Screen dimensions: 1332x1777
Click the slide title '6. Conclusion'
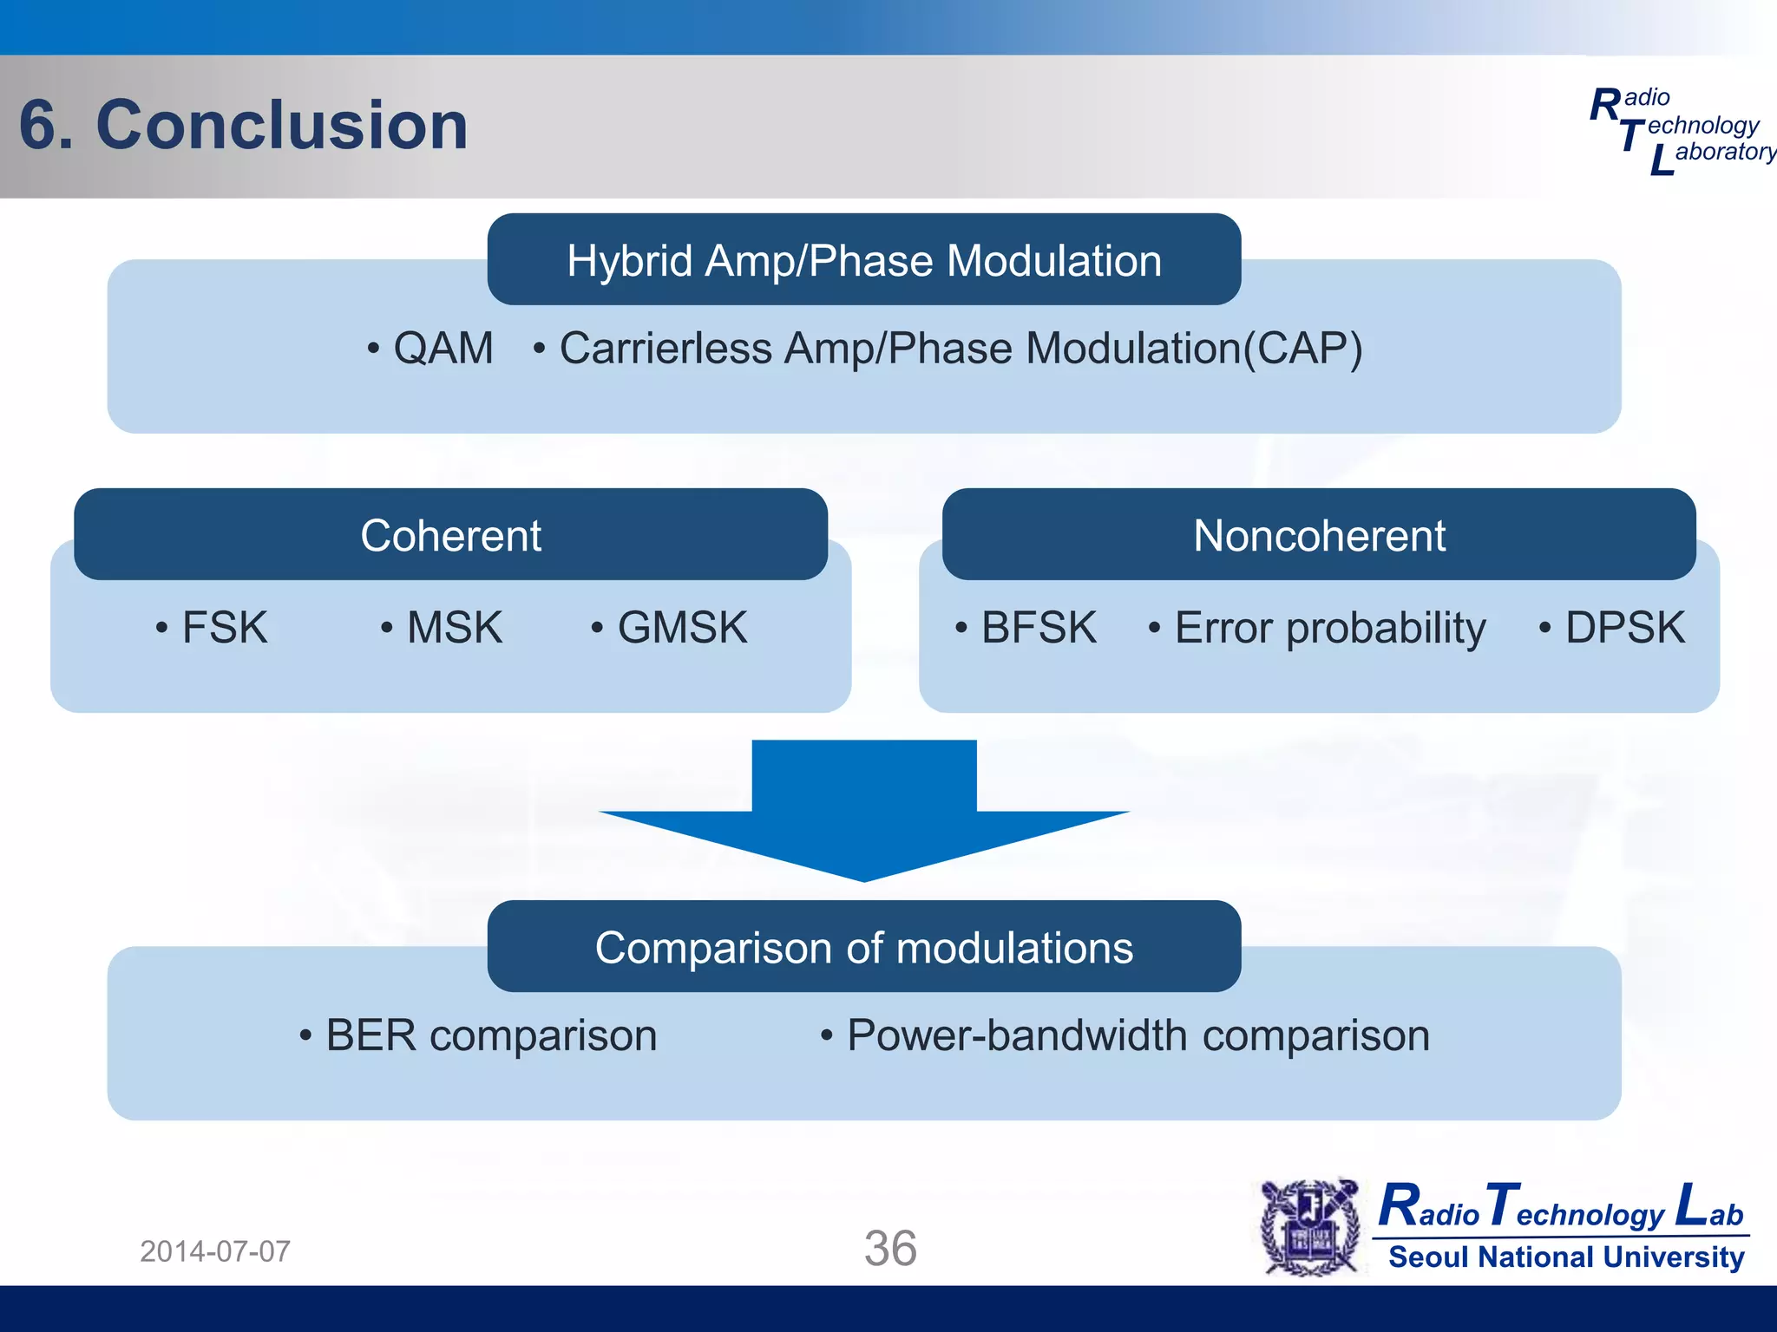pos(243,125)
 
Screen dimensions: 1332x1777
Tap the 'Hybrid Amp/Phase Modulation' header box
pos(863,260)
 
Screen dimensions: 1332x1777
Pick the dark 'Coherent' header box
pos(450,535)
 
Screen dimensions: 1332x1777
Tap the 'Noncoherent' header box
pos(1318,535)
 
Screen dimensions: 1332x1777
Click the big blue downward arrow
pos(863,811)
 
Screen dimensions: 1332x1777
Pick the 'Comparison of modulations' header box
pos(863,947)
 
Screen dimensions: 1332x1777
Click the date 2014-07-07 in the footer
pos(215,1251)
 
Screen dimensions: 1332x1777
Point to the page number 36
pos(889,1249)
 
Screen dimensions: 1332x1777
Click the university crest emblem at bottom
pos(1310,1228)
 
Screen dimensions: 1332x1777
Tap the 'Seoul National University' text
pos(1565,1257)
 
